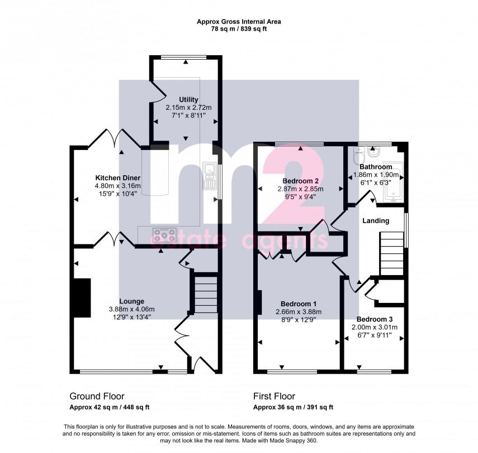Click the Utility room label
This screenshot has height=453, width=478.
pos(184,100)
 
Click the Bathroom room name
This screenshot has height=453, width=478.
pos(376,167)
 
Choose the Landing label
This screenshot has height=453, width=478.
pos(376,221)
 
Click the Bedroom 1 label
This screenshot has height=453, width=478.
pos(301,304)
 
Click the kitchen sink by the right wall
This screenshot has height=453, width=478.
pos(210,176)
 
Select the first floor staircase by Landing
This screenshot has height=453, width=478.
pos(391,254)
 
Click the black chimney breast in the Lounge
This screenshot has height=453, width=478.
pos(82,298)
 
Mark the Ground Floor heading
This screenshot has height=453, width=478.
pos(97,396)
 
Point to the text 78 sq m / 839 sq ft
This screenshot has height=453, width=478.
pos(239,29)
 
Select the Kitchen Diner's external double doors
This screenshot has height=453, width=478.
pos(117,139)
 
